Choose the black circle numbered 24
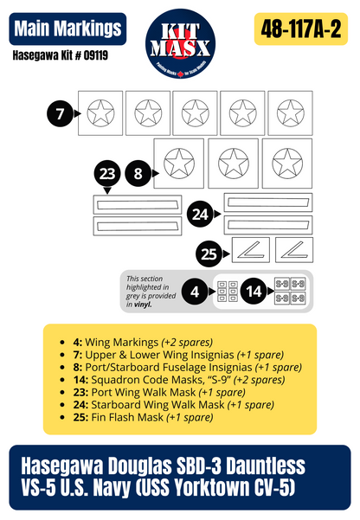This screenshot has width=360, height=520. (x=201, y=214)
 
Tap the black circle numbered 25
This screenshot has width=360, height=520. (x=208, y=254)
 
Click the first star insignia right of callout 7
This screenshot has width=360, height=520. (x=101, y=112)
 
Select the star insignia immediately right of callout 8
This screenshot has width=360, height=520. (x=179, y=162)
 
